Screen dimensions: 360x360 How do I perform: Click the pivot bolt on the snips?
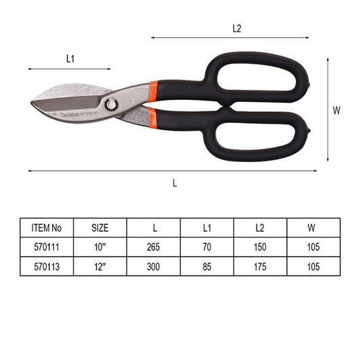(111, 105)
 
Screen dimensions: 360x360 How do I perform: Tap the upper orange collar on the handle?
(153, 91)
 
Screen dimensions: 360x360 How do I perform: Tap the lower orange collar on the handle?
(152, 118)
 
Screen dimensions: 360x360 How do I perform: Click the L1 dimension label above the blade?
(70, 59)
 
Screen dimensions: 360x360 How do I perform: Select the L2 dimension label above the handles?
(236, 28)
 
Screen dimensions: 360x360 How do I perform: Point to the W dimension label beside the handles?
(336, 111)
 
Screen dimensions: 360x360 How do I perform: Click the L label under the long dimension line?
(175, 183)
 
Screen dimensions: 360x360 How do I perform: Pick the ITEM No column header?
(47, 228)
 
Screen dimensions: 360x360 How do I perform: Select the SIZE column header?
(100, 228)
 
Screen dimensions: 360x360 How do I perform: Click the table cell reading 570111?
(47, 247)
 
